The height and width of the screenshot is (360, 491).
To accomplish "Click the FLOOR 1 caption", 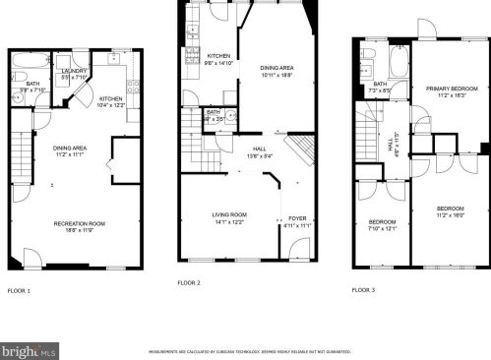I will coord(20,291).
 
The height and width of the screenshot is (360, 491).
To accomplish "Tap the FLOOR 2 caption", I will coord(189,282).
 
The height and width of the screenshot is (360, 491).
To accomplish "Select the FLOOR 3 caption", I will coord(364,290).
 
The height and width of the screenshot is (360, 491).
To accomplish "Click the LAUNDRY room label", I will coord(75,72).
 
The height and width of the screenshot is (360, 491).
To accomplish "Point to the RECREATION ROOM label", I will coord(80,223).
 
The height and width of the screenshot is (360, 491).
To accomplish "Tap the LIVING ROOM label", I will coord(229,214).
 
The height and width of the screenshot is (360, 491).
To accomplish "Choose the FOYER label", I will coord(296,218).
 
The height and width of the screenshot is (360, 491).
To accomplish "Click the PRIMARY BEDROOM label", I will coord(452,89).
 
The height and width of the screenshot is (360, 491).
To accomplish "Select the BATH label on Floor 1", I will coord(32,84).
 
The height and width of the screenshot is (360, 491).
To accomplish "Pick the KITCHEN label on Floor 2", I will coord(218,56).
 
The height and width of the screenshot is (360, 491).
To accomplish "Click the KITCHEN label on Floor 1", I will coord(111,98).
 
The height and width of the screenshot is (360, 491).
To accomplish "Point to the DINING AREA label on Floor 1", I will coord(71,149).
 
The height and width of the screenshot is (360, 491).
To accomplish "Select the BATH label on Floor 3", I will coord(380,84).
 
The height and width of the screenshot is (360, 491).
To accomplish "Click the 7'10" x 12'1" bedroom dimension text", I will coord(383,228).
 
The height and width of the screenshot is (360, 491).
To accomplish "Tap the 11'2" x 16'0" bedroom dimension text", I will coord(451,214).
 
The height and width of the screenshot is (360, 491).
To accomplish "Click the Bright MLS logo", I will coord(30,350).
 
